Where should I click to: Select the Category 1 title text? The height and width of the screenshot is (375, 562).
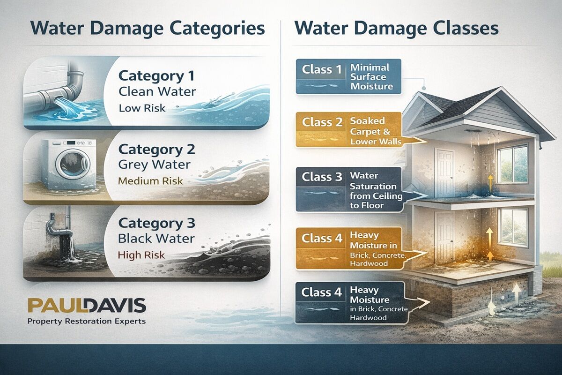coord(155,75)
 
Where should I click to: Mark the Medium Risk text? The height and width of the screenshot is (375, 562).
coord(150,181)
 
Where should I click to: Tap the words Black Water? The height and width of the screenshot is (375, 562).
coord(156,238)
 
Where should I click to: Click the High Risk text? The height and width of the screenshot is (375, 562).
coord(142,255)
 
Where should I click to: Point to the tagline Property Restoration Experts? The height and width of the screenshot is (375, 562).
coord(87,322)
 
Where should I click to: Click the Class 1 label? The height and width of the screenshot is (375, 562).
coord(322,70)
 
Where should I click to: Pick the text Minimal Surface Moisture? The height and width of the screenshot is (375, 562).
coord(370,77)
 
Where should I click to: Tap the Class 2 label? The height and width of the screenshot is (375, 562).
coord(322,123)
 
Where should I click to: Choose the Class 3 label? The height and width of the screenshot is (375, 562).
coord(323,177)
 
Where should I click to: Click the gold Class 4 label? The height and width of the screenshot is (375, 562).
coord(323,238)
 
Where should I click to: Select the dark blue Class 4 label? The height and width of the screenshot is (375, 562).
coord(323,293)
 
